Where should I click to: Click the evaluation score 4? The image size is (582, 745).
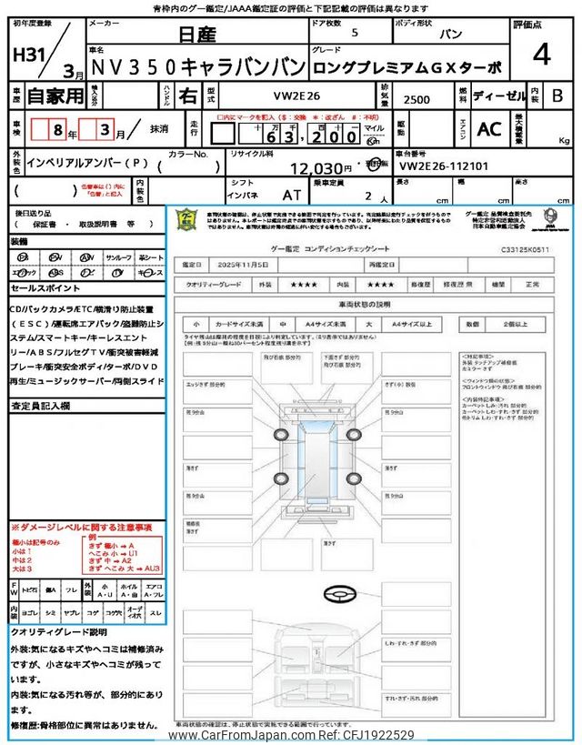pos(541,56)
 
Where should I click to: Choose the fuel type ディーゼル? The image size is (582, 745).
pos(496,95)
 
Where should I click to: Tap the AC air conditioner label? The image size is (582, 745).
pos(489,129)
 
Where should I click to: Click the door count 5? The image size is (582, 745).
pos(355,34)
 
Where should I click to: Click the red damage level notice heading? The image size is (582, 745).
pos(82,528)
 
